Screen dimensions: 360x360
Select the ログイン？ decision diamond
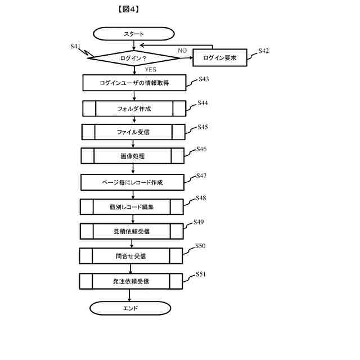pyautogui.click(x=134, y=58)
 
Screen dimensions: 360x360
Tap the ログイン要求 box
pyautogui.click(x=219, y=58)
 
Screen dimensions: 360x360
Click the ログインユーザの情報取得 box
pyautogui.click(x=134, y=83)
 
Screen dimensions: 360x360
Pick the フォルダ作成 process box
pyautogui.click(x=134, y=108)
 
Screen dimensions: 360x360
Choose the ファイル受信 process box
pyautogui.click(x=133, y=132)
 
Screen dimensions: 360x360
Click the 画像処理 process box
pyautogui.click(x=133, y=156)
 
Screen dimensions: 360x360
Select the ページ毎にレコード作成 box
pyautogui.click(x=132, y=182)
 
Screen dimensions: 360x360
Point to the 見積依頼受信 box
pyautogui.click(x=131, y=231)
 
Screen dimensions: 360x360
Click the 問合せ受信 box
pyautogui.click(x=130, y=256)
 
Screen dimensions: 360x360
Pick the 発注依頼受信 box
pyautogui.click(x=130, y=281)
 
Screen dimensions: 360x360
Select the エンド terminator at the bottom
pyautogui.click(x=130, y=308)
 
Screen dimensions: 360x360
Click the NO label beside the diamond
pyautogui.click(x=182, y=51)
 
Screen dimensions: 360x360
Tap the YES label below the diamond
pyautogui.click(x=150, y=70)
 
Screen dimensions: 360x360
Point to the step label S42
pyautogui.click(x=263, y=51)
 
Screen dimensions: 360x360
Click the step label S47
pyautogui.click(x=202, y=175)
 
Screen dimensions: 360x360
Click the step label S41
pyautogui.click(x=76, y=46)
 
